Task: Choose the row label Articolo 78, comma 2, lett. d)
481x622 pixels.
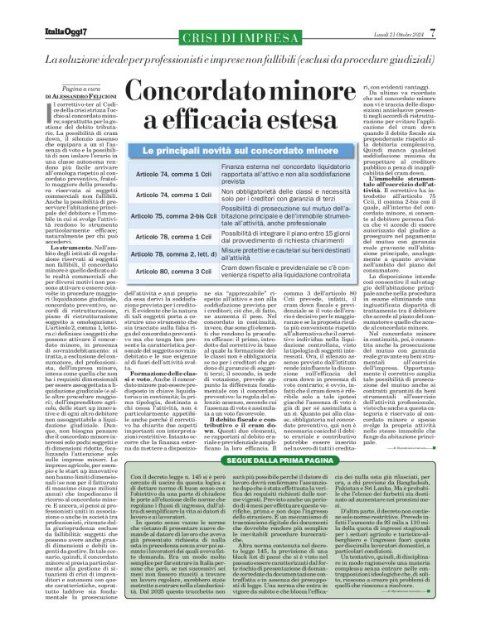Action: click(x=178, y=252)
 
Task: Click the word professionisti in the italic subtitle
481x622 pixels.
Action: click(x=193, y=62)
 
